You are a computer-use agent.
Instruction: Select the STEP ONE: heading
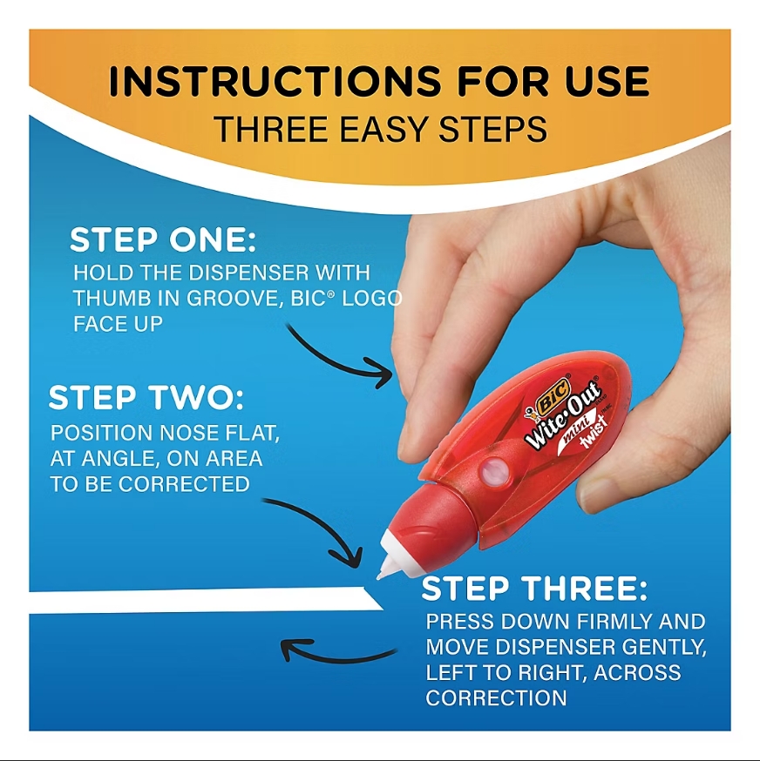click(x=163, y=239)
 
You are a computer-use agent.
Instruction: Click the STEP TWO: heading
click(x=146, y=398)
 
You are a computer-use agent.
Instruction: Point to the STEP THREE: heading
click(x=534, y=589)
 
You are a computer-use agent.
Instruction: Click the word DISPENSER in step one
click(x=248, y=273)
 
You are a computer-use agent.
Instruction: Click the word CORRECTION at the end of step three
click(x=496, y=698)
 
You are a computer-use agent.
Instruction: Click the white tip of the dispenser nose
click(x=386, y=567)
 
